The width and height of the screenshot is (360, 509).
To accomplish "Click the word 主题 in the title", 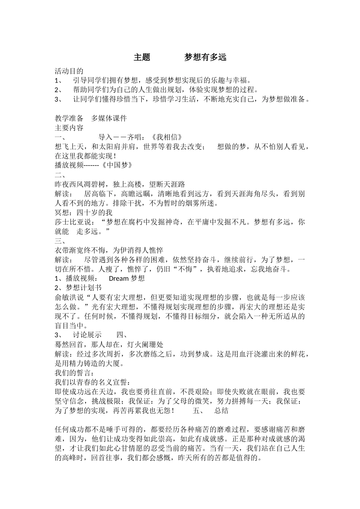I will [142, 57].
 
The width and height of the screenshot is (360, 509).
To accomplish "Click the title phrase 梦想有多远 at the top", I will [205, 57].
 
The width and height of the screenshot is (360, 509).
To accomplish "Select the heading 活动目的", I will [69, 71].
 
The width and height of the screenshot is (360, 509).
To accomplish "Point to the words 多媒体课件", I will [109, 118].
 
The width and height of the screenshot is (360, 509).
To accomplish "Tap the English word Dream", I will [119, 278].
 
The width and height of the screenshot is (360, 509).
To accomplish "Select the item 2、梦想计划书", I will [78, 288].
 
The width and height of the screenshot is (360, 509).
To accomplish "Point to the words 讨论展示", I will [87, 335].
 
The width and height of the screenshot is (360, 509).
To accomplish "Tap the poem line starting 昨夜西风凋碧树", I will [120, 184].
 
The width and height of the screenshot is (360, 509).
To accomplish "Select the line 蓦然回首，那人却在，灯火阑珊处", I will [109, 344].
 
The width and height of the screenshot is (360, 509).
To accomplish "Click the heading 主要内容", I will [69, 128].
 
